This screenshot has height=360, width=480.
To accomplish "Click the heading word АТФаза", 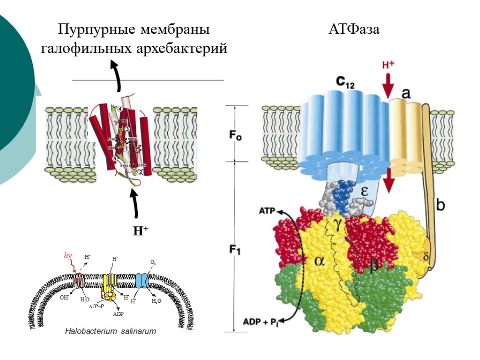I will pyautogui.click(x=354, y=30).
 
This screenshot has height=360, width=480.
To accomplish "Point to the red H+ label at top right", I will pyautogui.click(x=388, y=66).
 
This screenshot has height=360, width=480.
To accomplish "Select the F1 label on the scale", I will pyautogui.click(x=234, y=251).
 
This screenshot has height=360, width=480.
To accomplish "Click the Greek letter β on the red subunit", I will pyautogui.click(x=374, y=266).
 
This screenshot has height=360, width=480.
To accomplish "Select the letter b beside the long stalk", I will pyautogui.click(x=441, y=205).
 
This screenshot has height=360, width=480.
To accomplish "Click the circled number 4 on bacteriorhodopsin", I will pyautogui.click(x=120, y=109).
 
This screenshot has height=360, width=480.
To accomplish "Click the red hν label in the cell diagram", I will pyautogui.click(x=69, y=255).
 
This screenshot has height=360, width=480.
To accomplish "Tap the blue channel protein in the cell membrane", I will pyautogui.click(x=142, y=281).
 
